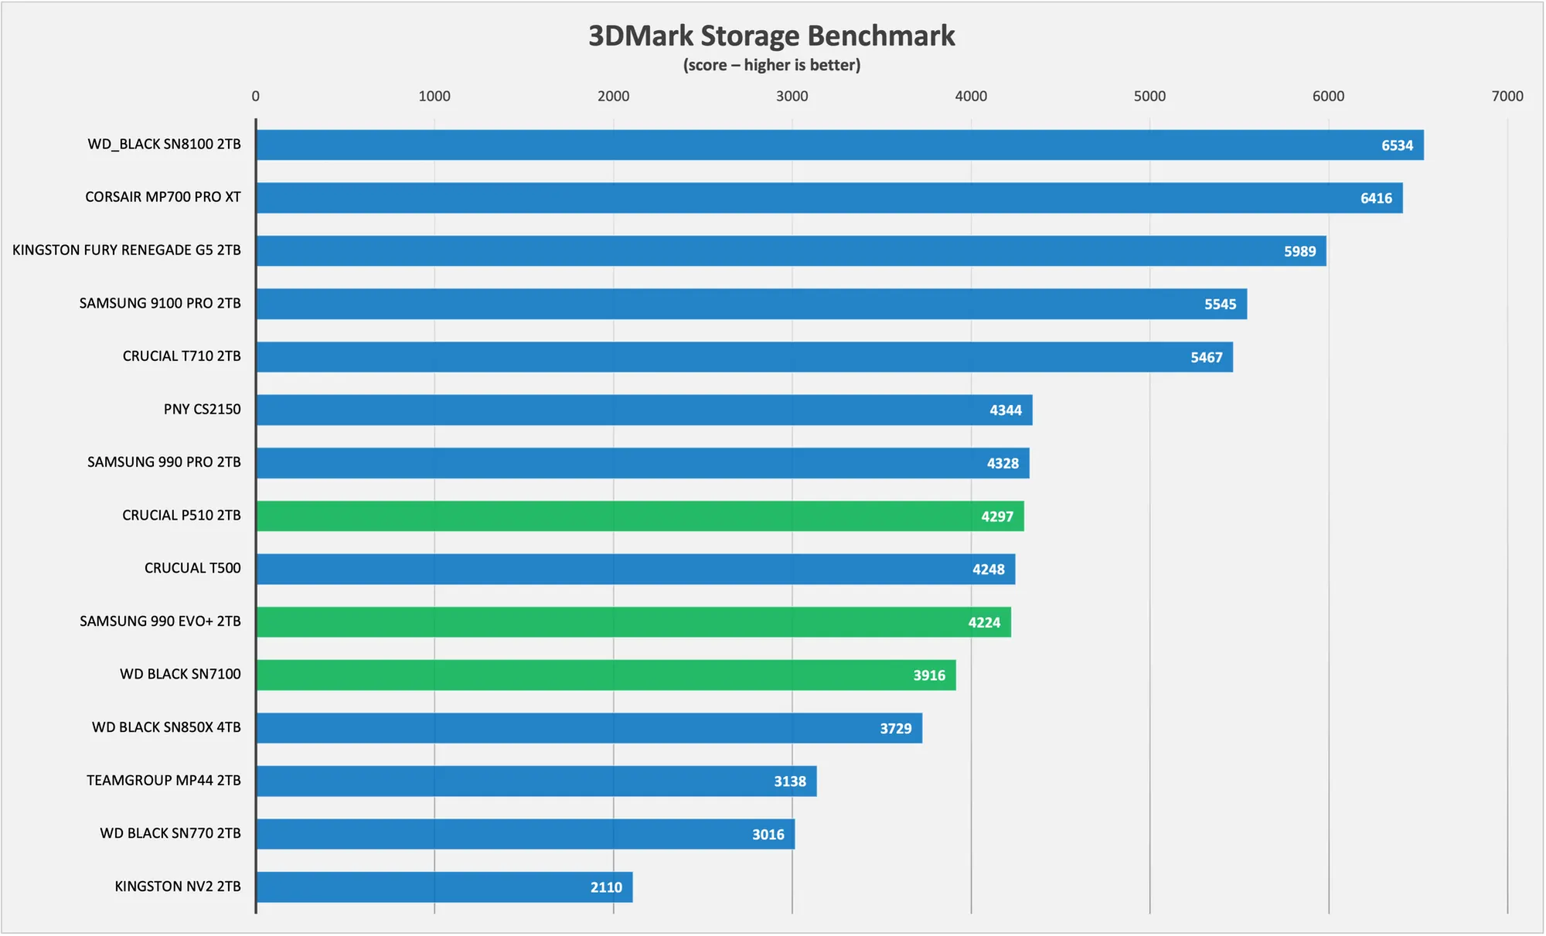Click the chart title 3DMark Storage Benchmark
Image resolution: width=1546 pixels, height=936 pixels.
pos(771,36)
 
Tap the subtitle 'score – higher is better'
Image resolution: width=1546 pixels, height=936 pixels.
pos(771,66)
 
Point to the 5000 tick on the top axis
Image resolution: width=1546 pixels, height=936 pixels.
pos(1149,97)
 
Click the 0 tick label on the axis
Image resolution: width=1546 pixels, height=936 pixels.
pos(256,97)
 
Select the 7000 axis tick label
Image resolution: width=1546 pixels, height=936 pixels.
pos(1507,97)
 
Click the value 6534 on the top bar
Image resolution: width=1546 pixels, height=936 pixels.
pos(1397,145)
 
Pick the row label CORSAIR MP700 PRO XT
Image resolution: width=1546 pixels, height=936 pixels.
pos(163,197)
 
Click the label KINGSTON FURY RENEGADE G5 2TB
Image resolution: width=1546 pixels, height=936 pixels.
pos(127,250)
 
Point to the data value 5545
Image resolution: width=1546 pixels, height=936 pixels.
pos(1220,305)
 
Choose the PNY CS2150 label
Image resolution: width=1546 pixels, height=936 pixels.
pos(202,410)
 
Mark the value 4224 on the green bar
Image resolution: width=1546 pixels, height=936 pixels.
pos(984,623)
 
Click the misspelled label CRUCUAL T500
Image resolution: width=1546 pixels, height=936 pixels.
pos(192,568)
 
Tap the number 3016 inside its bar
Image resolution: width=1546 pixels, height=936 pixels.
pos(768,835)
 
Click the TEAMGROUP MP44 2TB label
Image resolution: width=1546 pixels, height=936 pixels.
pos(164,781)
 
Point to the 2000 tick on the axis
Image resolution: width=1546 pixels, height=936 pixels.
pos(613,97)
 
